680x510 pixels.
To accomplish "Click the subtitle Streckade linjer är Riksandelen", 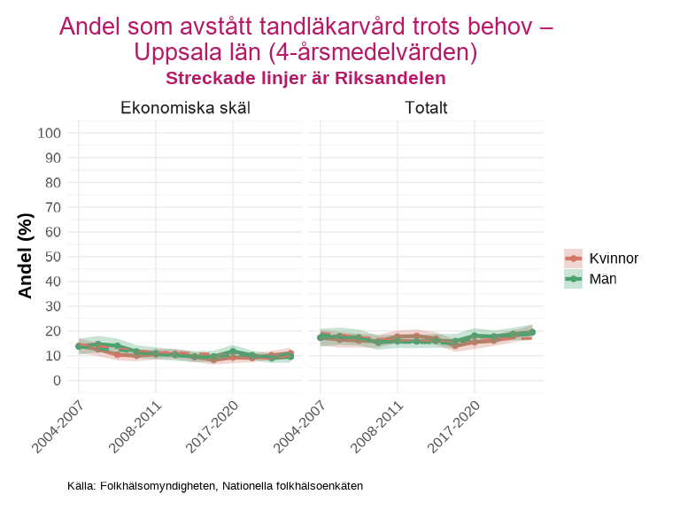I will pyautogui.click(x=305, y=78).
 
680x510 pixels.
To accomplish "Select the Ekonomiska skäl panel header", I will pyautogui.click(x=185, y=109).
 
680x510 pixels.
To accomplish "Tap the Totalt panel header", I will pyautogui.click(x=426, y=109).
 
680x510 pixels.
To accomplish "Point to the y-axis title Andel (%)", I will pyautogui.click(x=25, y=255).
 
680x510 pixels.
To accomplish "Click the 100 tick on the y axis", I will pyautogui.click(x=49, y=133).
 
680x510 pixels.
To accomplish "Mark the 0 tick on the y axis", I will pyautogui.click(x=57, y=381).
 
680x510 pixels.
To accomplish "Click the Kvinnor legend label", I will pyautogui.click(x=614, y=259).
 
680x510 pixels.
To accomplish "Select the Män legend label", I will pyautogui.click(x=603, y=279).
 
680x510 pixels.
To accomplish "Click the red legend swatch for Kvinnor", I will pyautogui.click(x=574, y=259).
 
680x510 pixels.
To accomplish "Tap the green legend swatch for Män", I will pyautogui.click(x=574, y=279).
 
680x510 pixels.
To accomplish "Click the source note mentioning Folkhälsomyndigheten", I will pyautogui.click(x=215, y=486).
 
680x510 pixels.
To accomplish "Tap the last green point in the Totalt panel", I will pyautogui.click(x=532, y=332).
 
